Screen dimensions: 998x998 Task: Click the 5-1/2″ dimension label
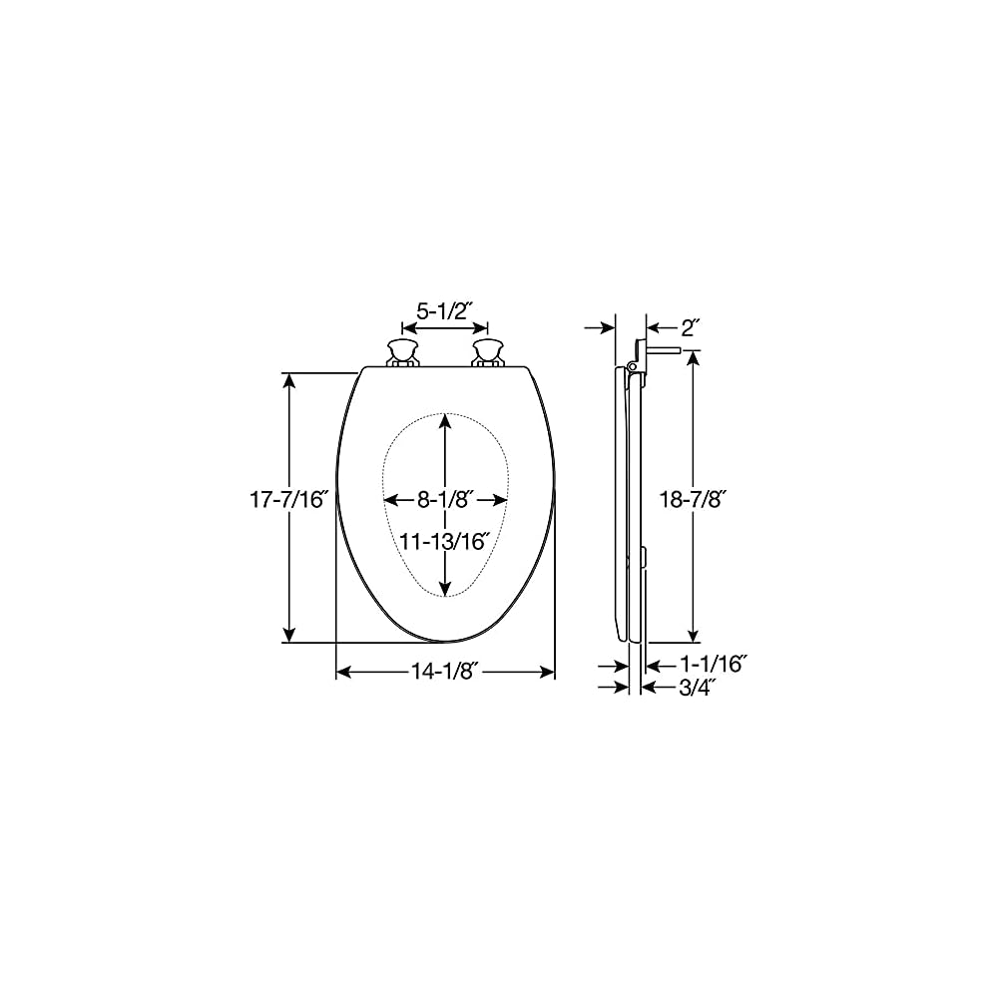click(x=444, y=310)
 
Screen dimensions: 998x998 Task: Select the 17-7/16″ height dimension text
click(x=288, y=499)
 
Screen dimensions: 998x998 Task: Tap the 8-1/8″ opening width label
click(x=445, y=499)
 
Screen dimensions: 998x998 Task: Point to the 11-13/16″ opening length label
click(x=445, y=542)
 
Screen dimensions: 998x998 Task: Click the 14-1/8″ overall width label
click(x=445, y=673)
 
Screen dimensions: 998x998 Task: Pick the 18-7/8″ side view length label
click(x=695, y=499)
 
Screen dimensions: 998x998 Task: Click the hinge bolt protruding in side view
click(x=663, y=351)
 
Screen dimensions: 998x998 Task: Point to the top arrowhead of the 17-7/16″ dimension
click(x=289, y=380)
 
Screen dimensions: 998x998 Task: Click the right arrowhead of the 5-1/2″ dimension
click(x=482, y=326)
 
